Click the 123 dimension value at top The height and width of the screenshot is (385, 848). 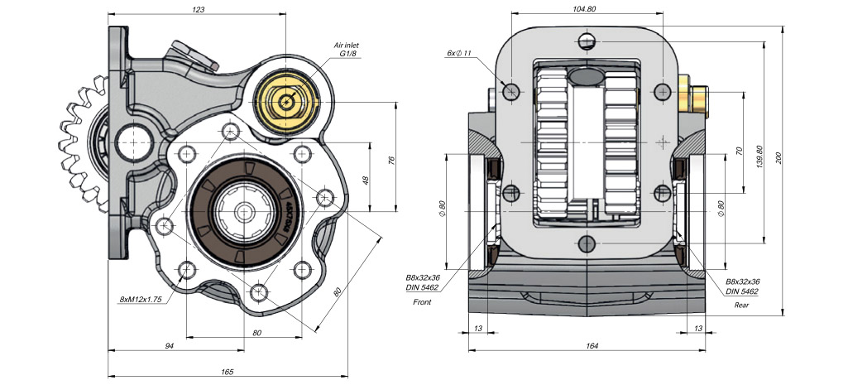(198, 9)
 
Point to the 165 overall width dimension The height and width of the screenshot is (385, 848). (227, 372)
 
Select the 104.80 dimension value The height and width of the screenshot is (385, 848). (584, 9)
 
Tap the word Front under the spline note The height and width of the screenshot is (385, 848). (422, 302)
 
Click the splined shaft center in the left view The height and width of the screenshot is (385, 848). (245, 214)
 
